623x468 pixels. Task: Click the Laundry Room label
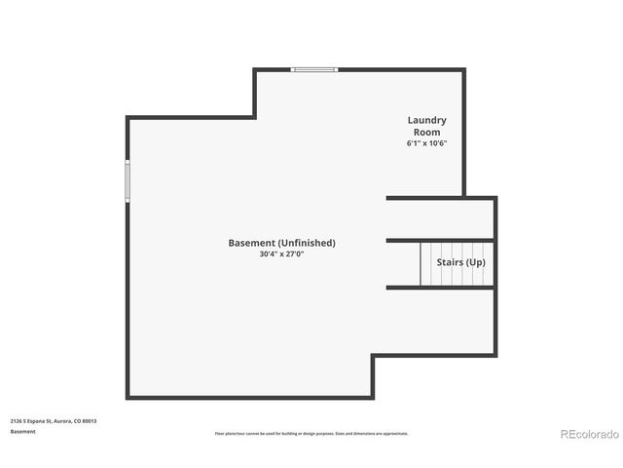pyautogui.click(x=426, y=126)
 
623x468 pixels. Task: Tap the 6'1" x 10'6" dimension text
pyautogui.click(x=426, y=143)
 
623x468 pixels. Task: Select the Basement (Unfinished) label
pyautogui.click(x=281, y=243)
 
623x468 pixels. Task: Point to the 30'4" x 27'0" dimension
pyautogui.click(x=281, y=254)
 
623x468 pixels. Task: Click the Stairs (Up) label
pyautogui.click(x=460, y=262)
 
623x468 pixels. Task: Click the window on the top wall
pyautogui.click(x=314, y=69)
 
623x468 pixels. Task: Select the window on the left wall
pyautogui.click(x=127, y=181)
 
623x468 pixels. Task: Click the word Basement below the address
pyautogui.click(x=22, y=431)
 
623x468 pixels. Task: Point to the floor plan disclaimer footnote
pyautogui.click(x=311, y=433)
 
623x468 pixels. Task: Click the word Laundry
pyautogui.click(x=426, y=120)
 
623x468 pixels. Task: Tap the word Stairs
pyautogui.click(x=449, y=262)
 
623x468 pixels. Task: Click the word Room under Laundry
pyautogui.click(x=426, y=132)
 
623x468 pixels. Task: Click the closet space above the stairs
pyautogui.click(x=440, y=218)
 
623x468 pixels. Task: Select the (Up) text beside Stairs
pyautogui.click(x=474, y=262)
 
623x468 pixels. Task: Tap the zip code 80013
pyautogui.click(x=91, y=421)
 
